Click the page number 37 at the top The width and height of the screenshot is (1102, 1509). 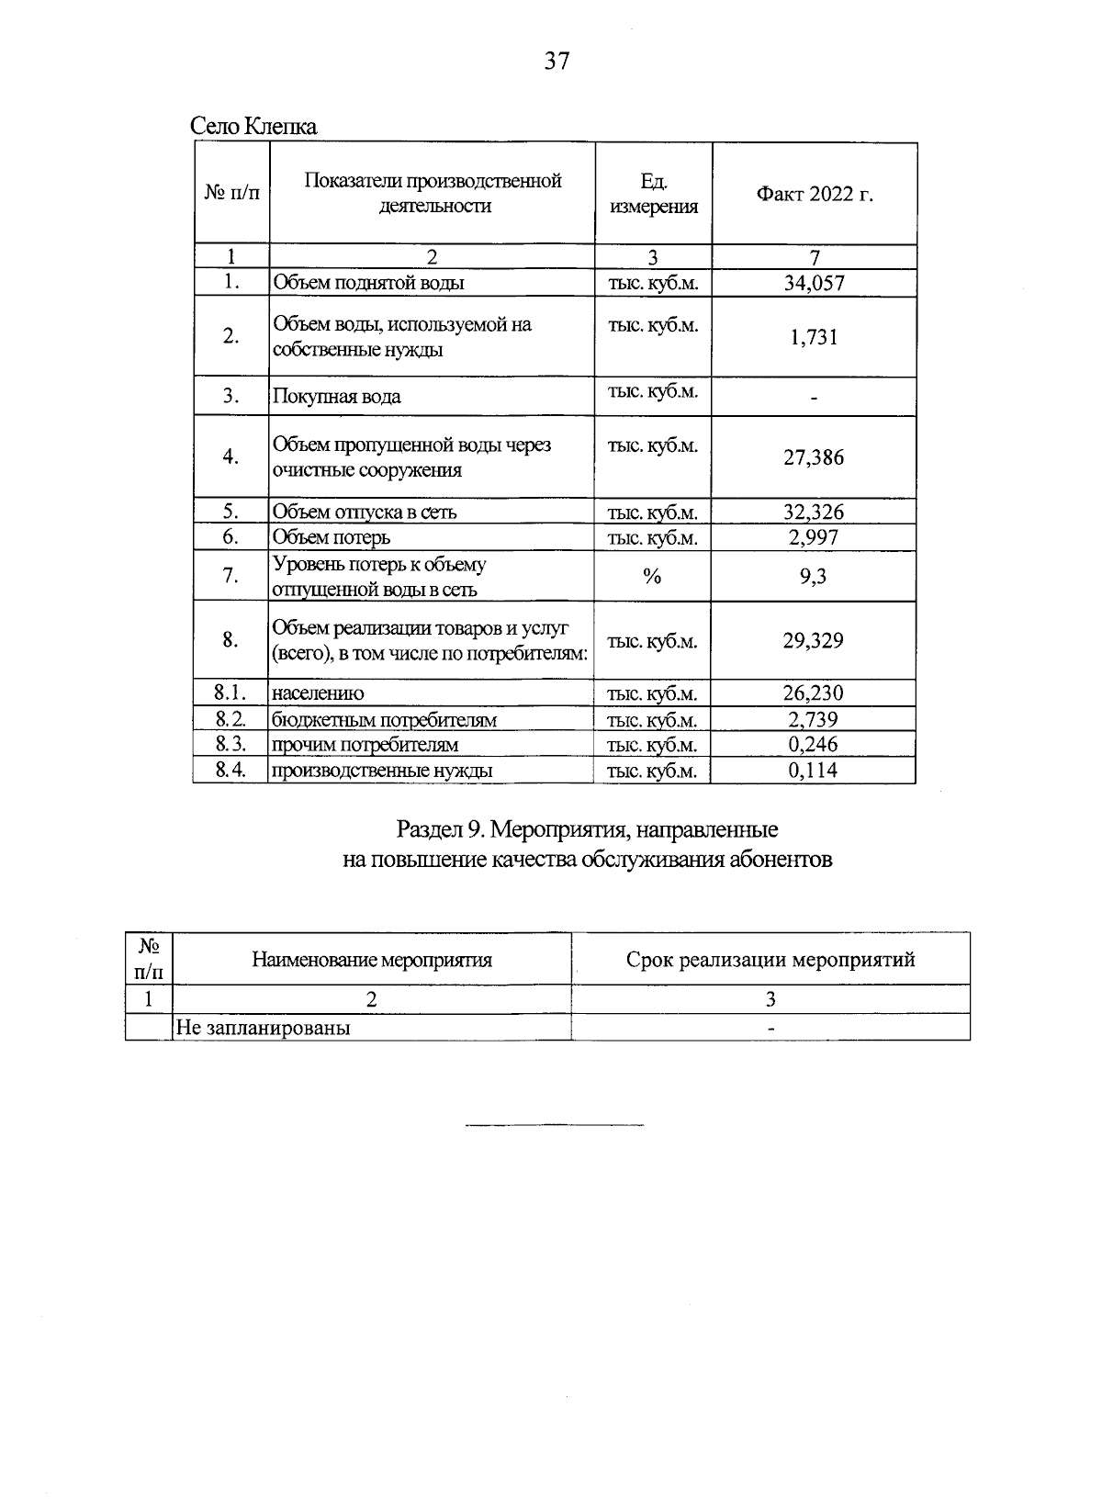557,62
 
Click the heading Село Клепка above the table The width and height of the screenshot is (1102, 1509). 253,127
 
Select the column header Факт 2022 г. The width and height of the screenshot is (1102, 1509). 814,194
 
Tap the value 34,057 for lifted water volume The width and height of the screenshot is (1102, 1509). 814,283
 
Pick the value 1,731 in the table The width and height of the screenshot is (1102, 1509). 814,337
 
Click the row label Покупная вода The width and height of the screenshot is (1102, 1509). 337,397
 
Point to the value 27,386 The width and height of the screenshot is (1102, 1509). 814,457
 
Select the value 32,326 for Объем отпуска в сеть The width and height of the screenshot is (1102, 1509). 814,512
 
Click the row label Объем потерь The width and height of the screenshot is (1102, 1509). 332,537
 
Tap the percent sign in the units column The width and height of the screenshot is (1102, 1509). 652,576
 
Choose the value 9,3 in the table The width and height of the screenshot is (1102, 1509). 814,576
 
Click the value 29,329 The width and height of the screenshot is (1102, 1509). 814,640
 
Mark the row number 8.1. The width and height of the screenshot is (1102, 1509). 231,693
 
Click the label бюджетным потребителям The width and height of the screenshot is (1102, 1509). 384,720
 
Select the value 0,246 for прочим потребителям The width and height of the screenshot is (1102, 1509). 814,745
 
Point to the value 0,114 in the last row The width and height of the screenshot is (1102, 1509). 814,771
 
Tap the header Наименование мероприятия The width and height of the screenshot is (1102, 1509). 372,960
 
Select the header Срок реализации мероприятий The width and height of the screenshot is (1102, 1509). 770,960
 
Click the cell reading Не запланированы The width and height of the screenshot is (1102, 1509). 264,1028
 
